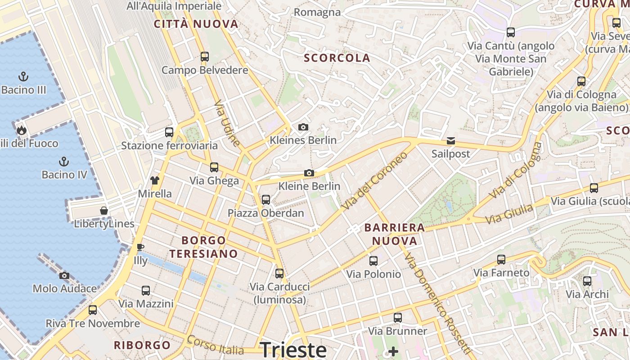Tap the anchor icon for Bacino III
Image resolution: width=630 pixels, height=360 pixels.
pos(23,76)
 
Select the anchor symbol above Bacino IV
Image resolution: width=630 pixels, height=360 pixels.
pos(64,161)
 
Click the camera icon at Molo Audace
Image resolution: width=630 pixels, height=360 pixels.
pos(64,275)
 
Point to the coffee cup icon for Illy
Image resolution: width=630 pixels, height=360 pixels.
pos(140,247)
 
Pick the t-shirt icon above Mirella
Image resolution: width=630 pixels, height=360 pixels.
pos(155,180)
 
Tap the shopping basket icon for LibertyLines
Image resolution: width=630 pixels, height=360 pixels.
pos(104,210)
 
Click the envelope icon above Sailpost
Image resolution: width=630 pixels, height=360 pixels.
pos(450,141)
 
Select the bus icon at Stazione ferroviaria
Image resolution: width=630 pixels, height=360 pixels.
pos(169,132)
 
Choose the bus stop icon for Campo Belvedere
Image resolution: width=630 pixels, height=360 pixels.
pos(205,57)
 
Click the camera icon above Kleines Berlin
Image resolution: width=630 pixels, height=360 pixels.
pos(303,127)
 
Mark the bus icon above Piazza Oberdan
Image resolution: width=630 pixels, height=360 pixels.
pos(266,199)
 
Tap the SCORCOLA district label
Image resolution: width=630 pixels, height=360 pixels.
pos(337,58)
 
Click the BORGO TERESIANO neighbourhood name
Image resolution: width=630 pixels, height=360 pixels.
pos(204,247)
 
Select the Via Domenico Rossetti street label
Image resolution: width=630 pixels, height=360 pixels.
pos(437,304)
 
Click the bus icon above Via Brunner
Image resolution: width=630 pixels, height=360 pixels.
pos(398,318)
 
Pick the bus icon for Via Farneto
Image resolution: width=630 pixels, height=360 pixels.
pos(501,260)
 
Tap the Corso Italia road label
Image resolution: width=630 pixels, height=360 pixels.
pos(215,345)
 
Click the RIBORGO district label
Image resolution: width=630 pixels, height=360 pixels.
pos(142,346)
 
